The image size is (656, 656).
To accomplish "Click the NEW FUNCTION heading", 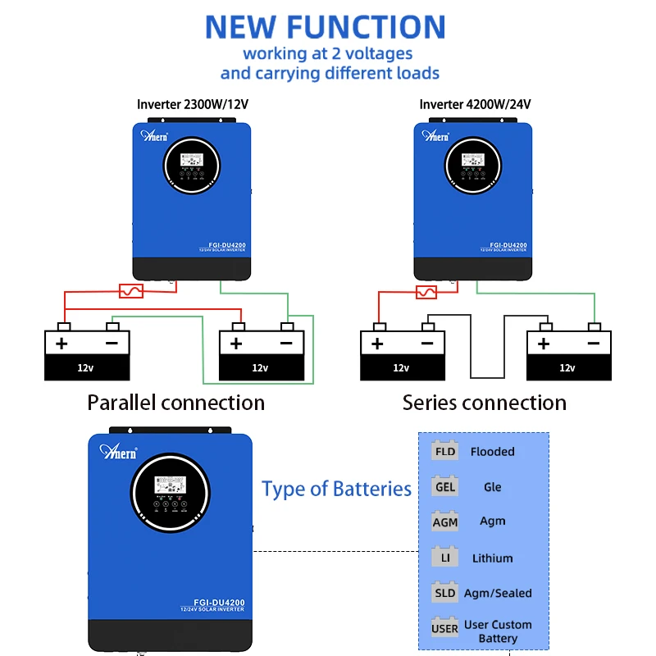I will point(325,26).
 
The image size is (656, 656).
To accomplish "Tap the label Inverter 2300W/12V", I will point(192,104).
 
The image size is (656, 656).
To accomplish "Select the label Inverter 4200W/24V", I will point(475,104).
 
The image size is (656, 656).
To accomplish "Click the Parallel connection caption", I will point(175,403).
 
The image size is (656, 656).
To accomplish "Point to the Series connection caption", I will point(484,403).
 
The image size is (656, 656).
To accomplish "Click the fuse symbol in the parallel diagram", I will point(132,290).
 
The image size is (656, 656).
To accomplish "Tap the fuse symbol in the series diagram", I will point(426,291).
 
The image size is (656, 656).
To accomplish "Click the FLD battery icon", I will point(445,451).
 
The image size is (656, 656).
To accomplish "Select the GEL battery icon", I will point(445,486).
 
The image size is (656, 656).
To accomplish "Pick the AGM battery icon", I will point(445,522).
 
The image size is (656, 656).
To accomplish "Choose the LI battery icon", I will point(445,558).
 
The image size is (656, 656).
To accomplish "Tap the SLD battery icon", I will point(445,593).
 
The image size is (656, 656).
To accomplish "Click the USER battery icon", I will point(445,629).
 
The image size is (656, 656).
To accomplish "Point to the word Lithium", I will point(492,558).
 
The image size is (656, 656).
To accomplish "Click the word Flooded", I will point(492,452).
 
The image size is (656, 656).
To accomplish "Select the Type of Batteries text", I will point(336,490).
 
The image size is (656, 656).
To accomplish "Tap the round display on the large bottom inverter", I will point(170,491).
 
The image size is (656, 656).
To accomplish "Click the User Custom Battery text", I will point(498,631).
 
